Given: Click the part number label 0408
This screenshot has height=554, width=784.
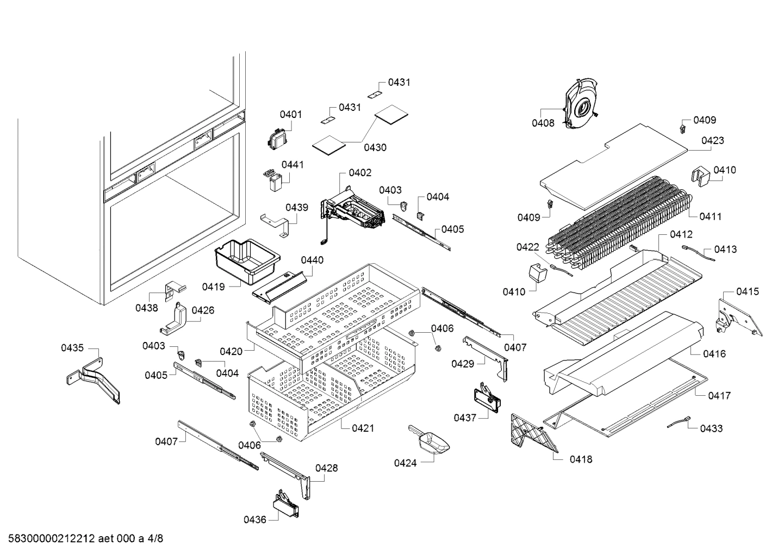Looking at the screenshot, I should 543,123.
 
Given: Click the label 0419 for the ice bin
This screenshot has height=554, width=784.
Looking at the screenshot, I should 213,286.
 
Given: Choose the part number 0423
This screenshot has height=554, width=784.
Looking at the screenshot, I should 712,140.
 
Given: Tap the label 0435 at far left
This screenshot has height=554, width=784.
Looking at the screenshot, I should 72,347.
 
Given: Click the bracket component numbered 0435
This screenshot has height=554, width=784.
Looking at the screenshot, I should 96,378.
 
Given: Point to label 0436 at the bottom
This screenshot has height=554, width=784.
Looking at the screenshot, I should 254,520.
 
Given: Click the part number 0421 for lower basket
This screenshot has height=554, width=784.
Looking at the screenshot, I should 363,428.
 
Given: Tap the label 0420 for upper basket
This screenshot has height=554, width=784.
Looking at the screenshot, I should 231,352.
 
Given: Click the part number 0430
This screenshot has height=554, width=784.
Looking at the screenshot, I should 375,147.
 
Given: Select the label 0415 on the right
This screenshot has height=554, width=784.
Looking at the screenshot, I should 748,292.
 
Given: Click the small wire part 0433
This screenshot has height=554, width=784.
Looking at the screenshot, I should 680,422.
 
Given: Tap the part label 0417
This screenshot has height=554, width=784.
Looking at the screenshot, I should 719,396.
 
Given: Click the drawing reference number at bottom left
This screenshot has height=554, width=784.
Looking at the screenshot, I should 82,539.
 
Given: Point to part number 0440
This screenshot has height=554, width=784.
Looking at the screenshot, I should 312,260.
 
